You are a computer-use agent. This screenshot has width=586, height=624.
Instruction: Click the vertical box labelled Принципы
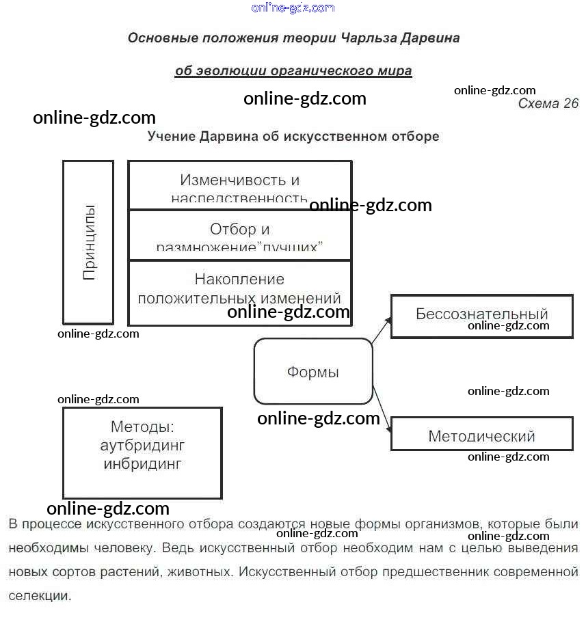88,242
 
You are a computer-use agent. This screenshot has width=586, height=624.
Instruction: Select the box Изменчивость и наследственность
239,185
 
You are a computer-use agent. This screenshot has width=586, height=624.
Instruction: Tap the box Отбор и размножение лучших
239,234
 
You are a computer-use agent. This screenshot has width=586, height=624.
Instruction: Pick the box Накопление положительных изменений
239,288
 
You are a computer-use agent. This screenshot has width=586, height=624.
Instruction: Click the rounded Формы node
313,372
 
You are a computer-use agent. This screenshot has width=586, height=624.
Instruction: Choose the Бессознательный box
481,315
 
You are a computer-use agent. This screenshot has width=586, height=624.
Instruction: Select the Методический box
481,435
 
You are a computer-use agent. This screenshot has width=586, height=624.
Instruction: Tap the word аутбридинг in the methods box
142,446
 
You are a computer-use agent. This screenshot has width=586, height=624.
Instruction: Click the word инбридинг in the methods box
142,464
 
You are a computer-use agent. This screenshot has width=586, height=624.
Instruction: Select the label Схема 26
548,104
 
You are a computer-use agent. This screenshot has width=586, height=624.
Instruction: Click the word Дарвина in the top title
428,38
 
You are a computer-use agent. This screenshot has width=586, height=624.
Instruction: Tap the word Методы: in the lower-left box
142,427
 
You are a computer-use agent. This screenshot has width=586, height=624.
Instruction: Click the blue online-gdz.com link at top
293,8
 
